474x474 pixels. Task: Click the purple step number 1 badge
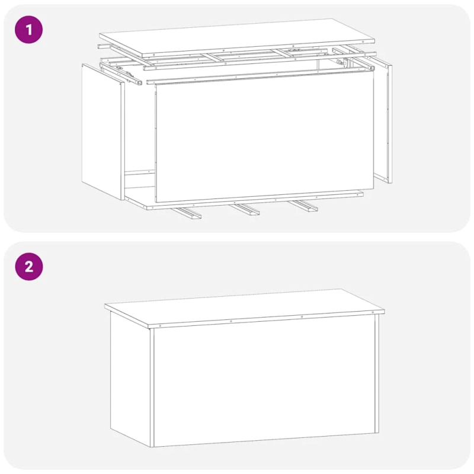tap(28, 29)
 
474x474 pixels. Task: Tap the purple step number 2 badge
tap(28, 266)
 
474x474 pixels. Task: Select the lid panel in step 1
tap(237, 37)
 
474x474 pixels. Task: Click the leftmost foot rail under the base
tap(187, 213)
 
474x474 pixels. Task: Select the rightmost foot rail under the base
tap(303, 206)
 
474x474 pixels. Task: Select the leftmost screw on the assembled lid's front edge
tap(161, 325)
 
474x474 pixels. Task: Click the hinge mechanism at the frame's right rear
tap(339, 62)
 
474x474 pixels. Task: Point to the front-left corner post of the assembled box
tap(152, 385)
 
